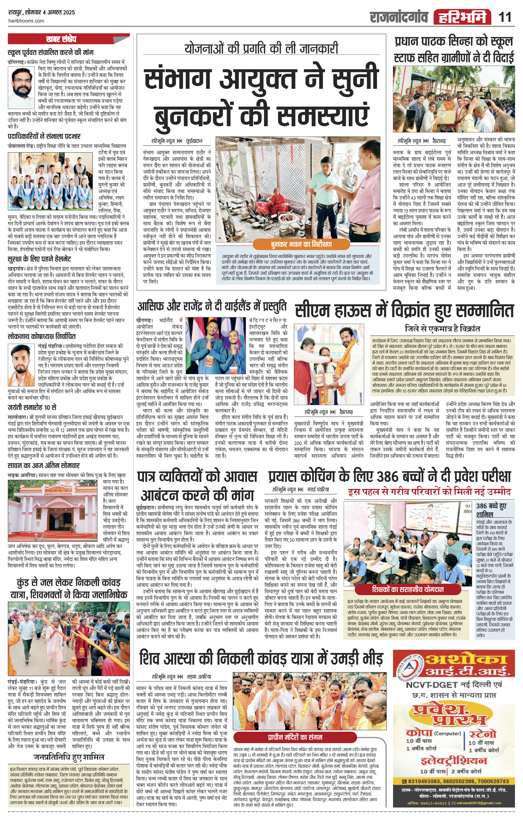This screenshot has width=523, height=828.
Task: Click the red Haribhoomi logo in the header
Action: tap(462, 17)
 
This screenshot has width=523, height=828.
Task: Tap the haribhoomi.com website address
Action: tap(26, 21)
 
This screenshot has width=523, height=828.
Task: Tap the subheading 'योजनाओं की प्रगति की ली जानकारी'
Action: tap(261, 49)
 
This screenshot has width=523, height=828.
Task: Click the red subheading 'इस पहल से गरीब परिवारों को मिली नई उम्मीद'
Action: tap(429, 492)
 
